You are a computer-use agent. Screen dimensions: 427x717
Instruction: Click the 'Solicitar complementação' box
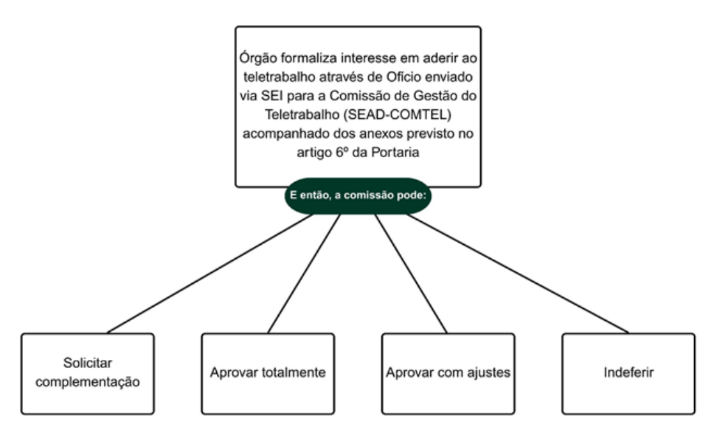pos(88,372)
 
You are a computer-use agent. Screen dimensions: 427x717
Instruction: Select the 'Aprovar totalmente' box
pos(268,372)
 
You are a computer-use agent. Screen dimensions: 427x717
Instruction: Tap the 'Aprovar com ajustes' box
pos(448,372)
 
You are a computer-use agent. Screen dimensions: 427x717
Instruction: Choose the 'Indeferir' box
pos(628,372)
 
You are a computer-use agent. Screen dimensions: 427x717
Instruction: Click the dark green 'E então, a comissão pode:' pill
pos(358,196)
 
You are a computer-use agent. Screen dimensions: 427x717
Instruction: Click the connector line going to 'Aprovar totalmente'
pos(304,273)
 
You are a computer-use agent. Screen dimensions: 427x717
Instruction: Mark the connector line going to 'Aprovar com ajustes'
pos(412,273)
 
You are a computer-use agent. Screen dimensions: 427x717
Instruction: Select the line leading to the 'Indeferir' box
pos(516,273)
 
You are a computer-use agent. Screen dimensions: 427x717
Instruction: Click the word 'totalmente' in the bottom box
pos(291,372)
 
